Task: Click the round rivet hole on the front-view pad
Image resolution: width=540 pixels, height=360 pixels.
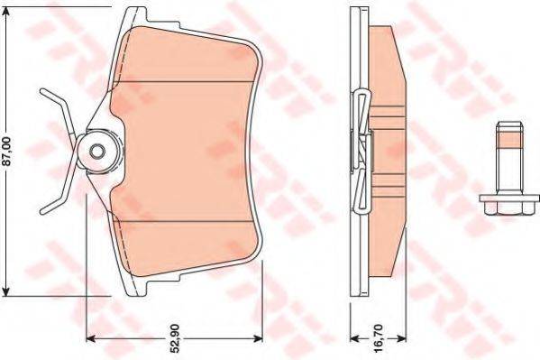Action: (x=96, y=151)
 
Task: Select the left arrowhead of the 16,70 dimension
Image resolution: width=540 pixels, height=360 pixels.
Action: (x=353, y=339)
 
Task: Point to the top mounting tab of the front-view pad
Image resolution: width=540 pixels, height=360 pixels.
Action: (x=135, y=14)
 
